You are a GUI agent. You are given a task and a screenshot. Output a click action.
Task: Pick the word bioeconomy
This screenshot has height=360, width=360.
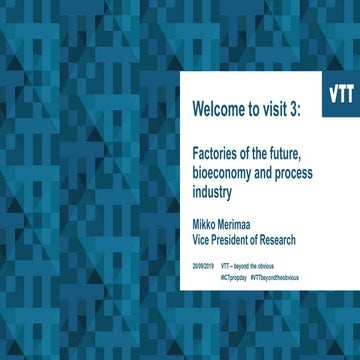(226, 171)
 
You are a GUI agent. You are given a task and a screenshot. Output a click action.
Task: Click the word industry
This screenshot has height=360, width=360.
(212, 188)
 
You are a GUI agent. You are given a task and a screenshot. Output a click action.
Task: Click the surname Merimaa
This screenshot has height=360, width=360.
(248, 225)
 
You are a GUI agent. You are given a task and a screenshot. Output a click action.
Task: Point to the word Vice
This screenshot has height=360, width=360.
(202, 239)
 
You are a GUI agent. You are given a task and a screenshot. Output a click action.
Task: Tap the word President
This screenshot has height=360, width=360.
(238, 239)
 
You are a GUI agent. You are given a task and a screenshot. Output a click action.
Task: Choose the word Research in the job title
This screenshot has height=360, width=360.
(292, 239)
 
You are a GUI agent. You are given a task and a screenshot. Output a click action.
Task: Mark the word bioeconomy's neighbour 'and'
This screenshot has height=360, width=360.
(271, 171)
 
